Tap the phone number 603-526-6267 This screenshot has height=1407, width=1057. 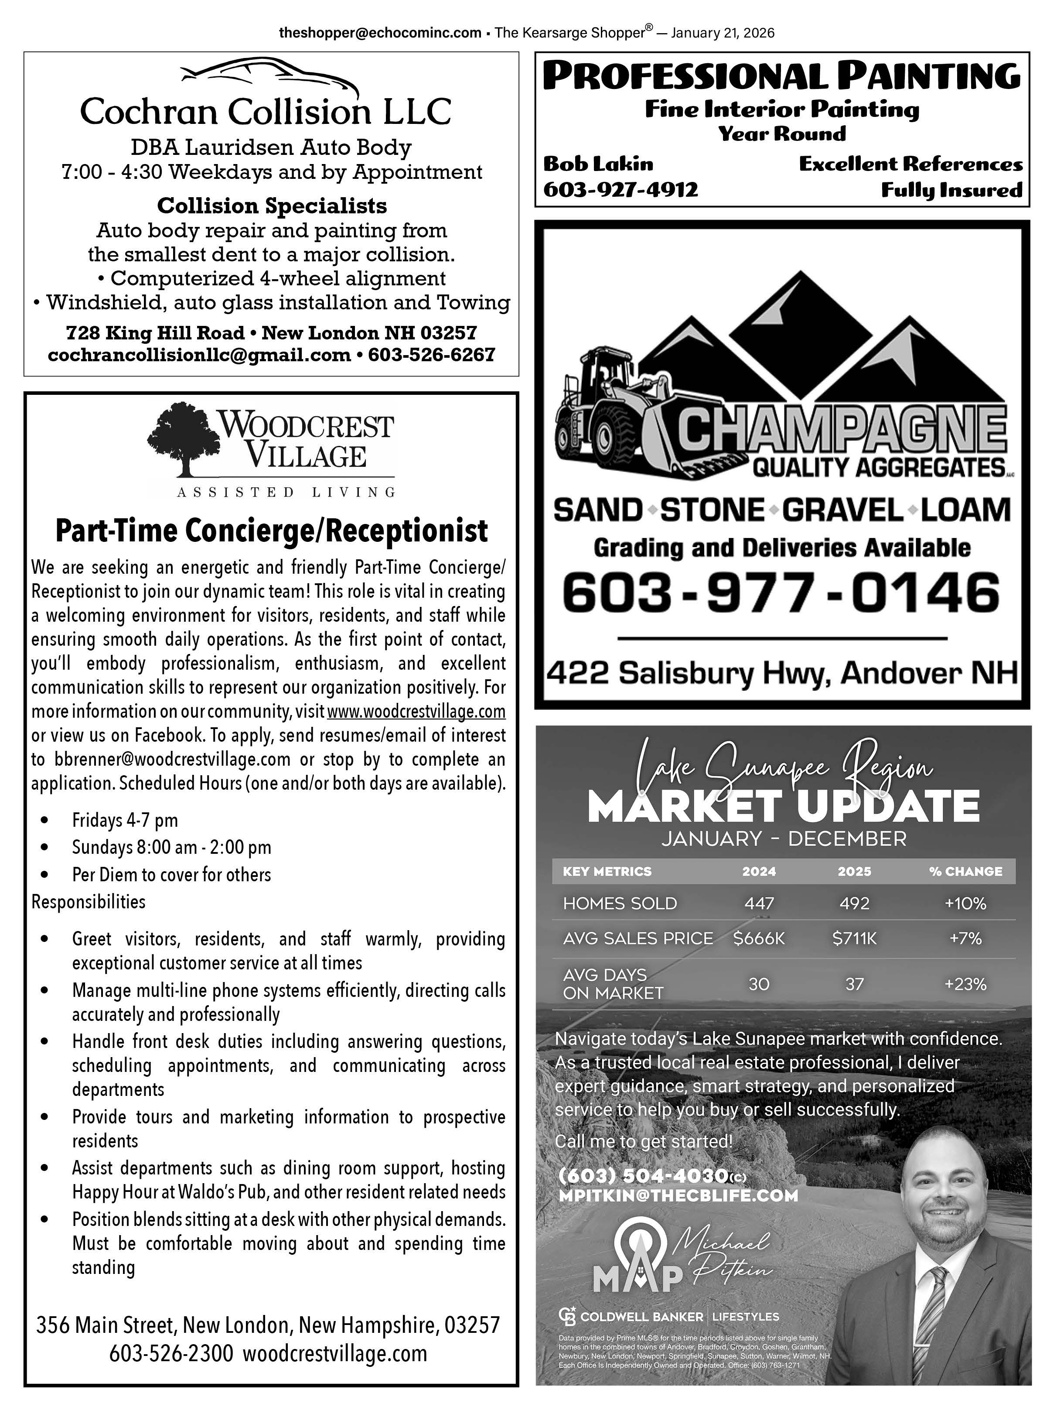point(432,355)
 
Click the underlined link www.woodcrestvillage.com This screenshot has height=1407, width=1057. point(416,711)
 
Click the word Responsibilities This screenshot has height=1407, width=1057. point(89,901)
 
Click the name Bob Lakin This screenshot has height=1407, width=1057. point(597,164)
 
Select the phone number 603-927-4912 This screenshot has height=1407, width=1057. point(621,189)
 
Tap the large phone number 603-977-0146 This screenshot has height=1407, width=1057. point(781,592)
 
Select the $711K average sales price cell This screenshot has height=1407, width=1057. point(854,938)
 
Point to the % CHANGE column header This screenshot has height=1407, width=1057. point(965,871)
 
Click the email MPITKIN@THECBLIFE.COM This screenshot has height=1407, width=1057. point(678,1196)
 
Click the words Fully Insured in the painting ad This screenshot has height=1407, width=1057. point(951,190)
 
